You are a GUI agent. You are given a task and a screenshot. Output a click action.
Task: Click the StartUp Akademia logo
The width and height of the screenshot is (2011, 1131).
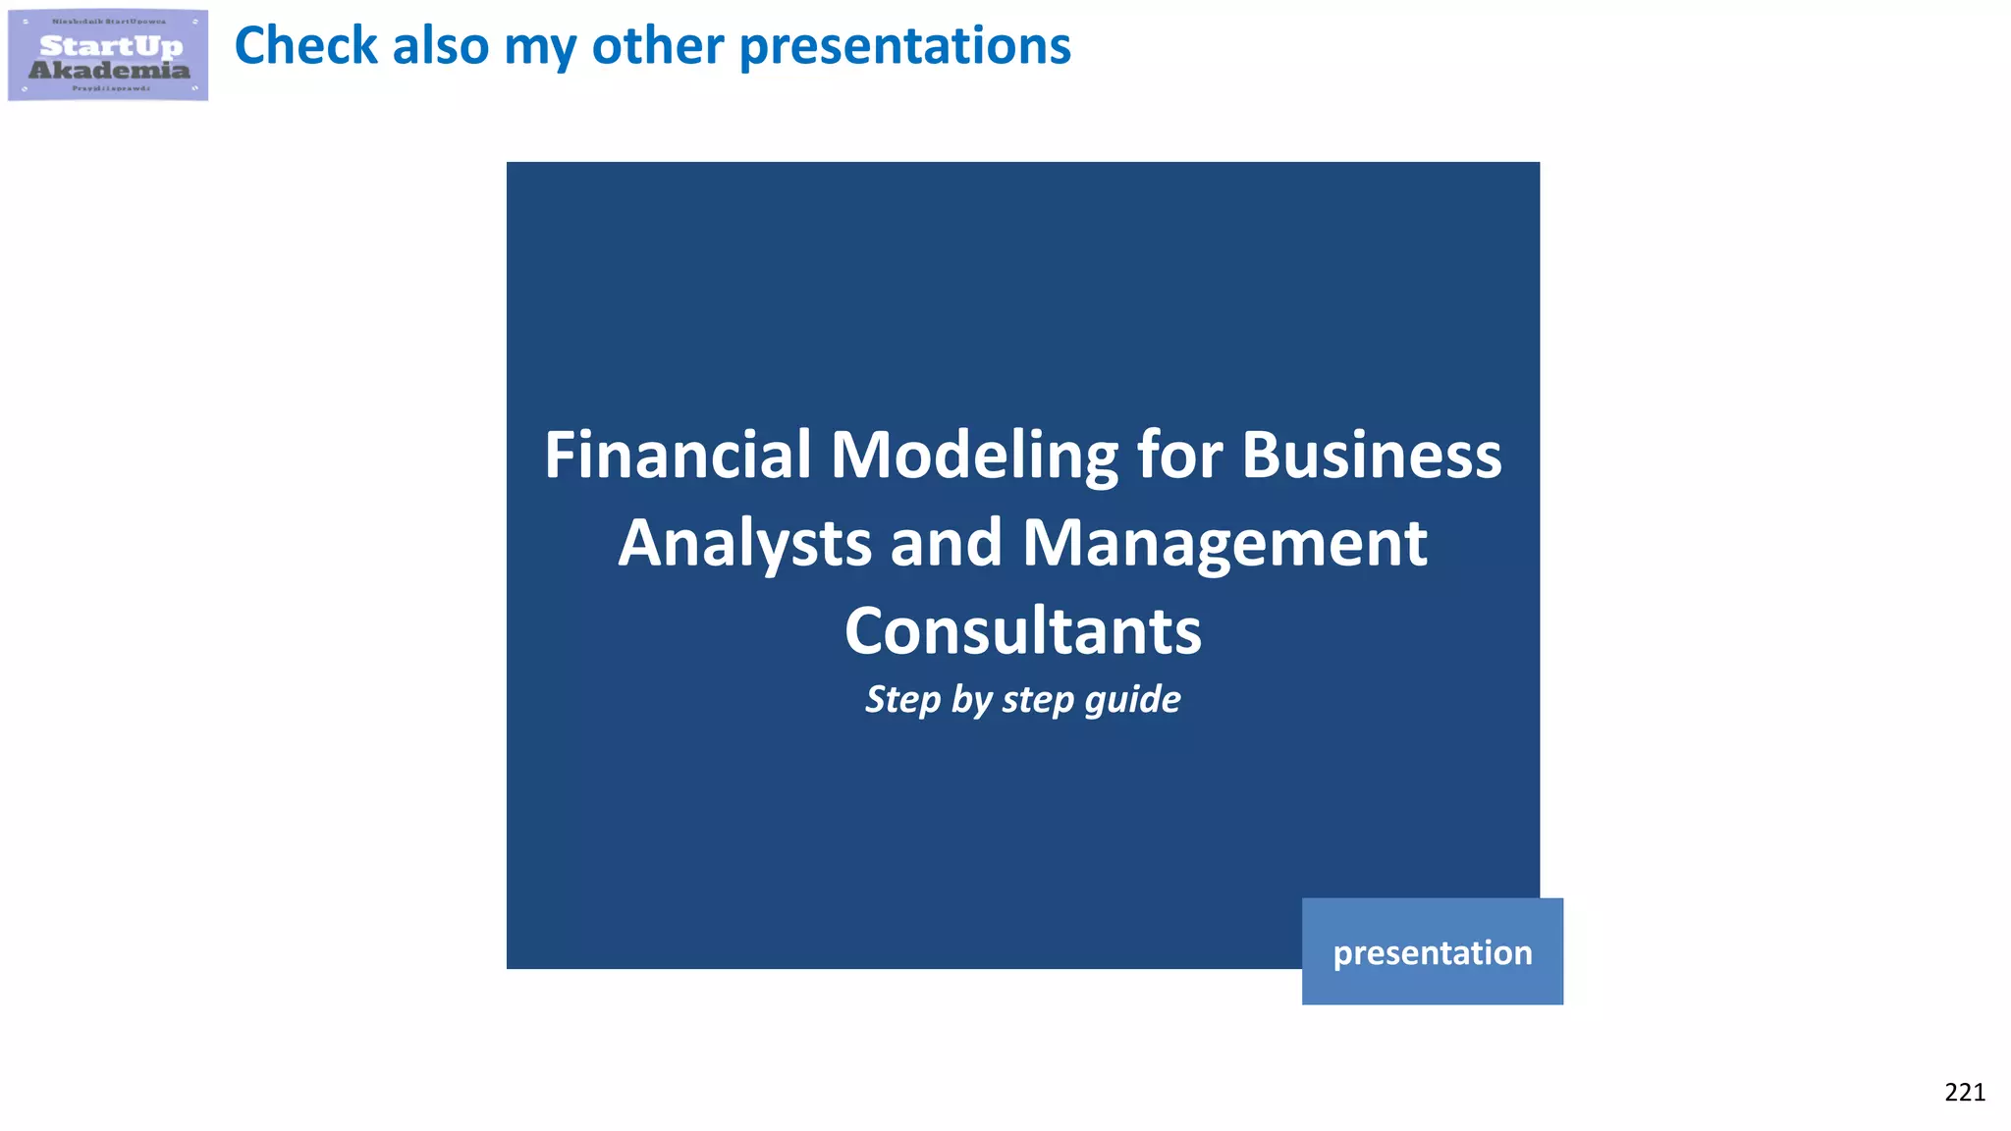click(x=108, y=55)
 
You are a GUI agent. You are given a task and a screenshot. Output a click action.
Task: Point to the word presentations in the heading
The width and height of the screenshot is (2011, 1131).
click(x=904, y=46)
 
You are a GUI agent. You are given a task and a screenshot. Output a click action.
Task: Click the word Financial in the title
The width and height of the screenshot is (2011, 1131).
click(x=678, y=456)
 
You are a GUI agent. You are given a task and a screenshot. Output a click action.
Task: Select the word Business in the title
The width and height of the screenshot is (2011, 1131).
click(x=1371, y=456)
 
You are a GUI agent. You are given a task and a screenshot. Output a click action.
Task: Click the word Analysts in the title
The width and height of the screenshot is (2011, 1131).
click(x=744, y=543)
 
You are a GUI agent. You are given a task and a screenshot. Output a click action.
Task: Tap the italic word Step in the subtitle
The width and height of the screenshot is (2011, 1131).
click(x=902, y=700)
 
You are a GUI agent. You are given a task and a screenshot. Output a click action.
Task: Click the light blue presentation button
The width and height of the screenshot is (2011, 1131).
click(x=1432, y=951)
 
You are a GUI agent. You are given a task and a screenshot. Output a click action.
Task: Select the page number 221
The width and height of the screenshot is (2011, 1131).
click(x=1964, y=1092)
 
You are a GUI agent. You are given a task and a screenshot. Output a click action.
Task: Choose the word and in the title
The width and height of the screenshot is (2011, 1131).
click(x=946, y=543)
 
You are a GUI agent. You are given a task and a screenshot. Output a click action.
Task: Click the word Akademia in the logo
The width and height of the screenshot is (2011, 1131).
click(x=109, y=70)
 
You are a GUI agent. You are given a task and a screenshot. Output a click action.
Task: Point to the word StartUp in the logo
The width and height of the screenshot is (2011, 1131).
click(x=111, y=46)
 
